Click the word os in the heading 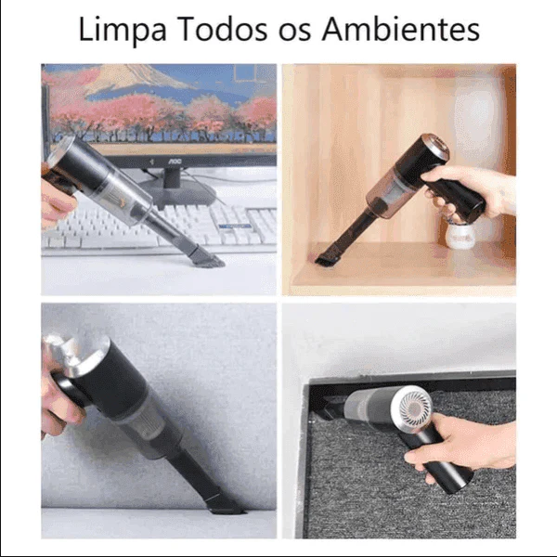[x=297, y=31]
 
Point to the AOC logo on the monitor [x=173, y=161]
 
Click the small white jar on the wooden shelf [x=461, y=233]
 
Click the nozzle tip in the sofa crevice [x=223, y=507]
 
